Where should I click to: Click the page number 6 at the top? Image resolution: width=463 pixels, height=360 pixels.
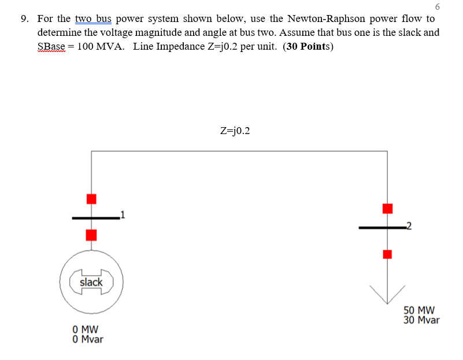tap(436, 6)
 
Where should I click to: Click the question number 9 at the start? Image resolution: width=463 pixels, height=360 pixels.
tap(24, 19)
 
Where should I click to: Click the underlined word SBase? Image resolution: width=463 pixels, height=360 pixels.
tap(51, 47)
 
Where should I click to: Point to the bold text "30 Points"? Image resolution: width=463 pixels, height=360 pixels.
tap(308, 47)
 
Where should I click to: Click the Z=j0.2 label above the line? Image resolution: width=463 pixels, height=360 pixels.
tap(236, 131)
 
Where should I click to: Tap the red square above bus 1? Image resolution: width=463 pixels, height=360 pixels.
tap(91, 199)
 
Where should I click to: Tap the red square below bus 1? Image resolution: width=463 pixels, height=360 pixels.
tap(91, 235)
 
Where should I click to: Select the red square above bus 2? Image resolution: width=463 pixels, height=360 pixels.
tap(387, 208)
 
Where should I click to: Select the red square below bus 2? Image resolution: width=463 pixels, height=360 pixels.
tap(387, 254)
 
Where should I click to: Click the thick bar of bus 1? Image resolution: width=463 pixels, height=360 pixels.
tap(95, 218)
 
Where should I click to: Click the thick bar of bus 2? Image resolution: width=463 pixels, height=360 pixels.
tap(381, 228)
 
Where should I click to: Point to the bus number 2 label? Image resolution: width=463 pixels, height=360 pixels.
tap(409, 226)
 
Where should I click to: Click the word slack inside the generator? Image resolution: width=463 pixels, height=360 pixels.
tap(91, 282)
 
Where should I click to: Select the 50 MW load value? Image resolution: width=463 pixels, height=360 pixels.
tap(419, 310)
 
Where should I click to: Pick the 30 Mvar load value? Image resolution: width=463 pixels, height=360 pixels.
tap(421, 320)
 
